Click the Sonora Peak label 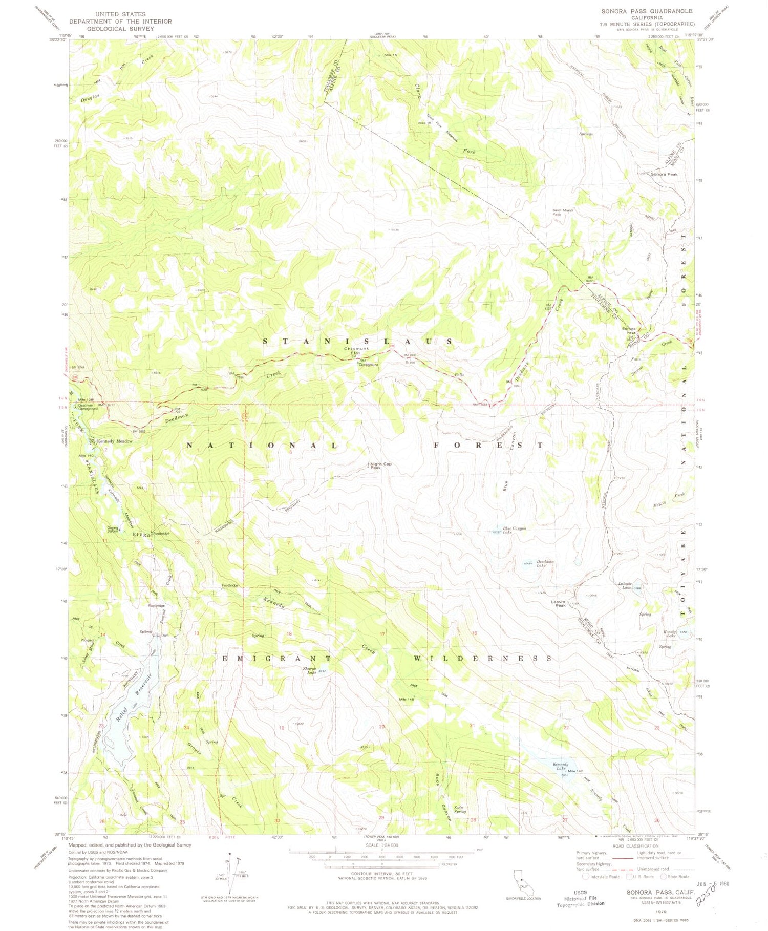point(664,174)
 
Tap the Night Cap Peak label point(380,466)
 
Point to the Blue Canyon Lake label point(514,530)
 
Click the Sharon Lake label point(310,670)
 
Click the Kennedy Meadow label point(115,441)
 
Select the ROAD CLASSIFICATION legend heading point(633,847)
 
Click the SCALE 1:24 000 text point(382,845)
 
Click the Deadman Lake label point(545,563)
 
